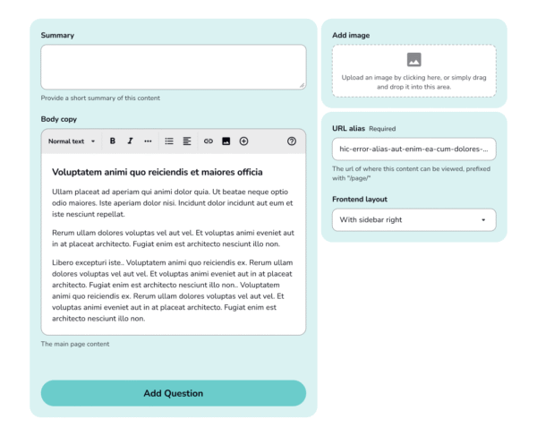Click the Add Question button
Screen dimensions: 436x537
173,393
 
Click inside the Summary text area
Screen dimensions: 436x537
173,67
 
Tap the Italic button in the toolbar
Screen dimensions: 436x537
130,141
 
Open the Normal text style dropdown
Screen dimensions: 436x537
72,141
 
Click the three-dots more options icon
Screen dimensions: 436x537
148,141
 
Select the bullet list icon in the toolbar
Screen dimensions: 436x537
169,141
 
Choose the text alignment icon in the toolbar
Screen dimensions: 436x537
187,141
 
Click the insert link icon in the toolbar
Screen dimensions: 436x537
209,141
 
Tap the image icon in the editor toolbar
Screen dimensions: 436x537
226,141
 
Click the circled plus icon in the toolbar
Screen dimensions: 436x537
243,141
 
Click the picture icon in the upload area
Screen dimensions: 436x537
413,60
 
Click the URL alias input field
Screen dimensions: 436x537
413,149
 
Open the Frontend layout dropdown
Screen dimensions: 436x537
413,219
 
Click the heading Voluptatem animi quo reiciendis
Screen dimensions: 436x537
157,172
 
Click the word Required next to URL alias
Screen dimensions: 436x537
382,129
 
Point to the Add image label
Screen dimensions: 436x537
351,36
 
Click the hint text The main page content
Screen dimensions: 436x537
75,344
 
